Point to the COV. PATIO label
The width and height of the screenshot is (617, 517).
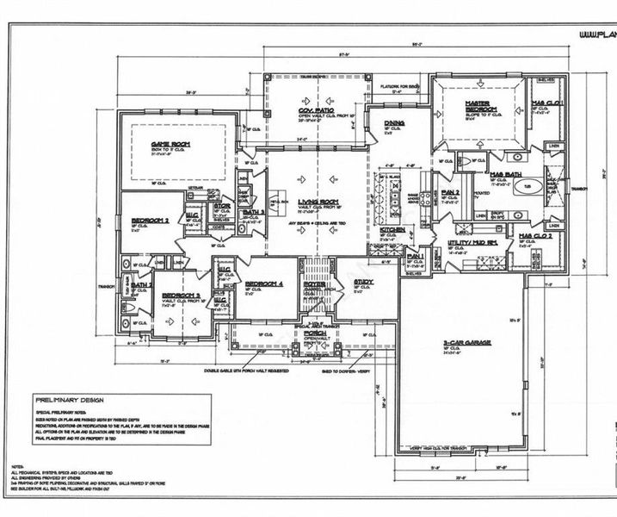tap(317, 109)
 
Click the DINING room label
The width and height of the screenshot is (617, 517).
tap(395, 122)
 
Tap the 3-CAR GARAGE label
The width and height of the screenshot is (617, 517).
tap(466, 342)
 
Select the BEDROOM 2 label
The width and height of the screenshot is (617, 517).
tap(149, 221)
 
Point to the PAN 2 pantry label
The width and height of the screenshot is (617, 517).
tap(452, 191)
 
